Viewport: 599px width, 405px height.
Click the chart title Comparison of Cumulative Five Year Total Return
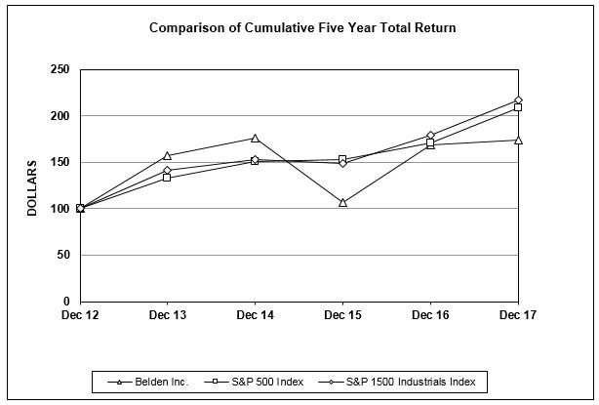coord(302,28)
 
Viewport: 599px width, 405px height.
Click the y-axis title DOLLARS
coord(31,187)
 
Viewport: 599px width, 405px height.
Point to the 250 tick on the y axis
coord(60,69)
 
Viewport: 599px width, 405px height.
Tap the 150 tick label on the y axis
coord(60,162)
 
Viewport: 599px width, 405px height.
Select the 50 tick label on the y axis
coord(63,255)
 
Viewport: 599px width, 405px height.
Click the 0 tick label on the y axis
coord(67,302)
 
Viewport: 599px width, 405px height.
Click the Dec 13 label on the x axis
coord(168,317)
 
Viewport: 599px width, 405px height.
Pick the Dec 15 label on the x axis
coord(342,317)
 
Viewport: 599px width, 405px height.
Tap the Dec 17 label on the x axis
coord(517,317)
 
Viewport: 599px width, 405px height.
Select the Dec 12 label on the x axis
coord(80,317)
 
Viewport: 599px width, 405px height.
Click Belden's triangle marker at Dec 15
coord(342,202)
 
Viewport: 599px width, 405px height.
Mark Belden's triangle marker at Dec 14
coord(255,139)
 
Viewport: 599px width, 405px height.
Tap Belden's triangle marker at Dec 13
coord(168,155)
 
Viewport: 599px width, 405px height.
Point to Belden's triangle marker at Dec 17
coord(517,140)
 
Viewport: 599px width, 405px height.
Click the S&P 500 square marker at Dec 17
coord(517,107)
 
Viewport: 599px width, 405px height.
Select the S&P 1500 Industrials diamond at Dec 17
coord(517,100)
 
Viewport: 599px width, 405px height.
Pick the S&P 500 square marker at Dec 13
coord(168,178)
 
